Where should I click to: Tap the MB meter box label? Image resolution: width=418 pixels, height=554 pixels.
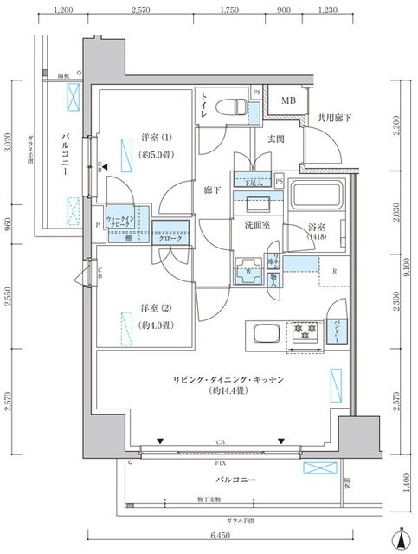tap(286, 100)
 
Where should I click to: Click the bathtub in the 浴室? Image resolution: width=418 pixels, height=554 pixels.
tap(316, 197)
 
